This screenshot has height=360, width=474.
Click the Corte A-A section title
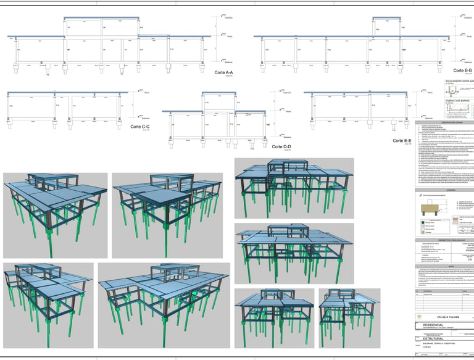click(227, 73)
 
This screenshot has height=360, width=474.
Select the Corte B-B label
click(462, 71)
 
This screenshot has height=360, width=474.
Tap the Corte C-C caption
click(140, 127)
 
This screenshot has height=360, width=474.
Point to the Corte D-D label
click(281, 146)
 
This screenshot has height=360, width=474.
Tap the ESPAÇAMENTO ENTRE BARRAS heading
click(459, 81)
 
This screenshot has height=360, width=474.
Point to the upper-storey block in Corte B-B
click(385, 28)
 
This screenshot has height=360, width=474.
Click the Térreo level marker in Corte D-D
click(285, 111)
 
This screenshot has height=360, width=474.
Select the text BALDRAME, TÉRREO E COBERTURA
click(441, 344)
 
